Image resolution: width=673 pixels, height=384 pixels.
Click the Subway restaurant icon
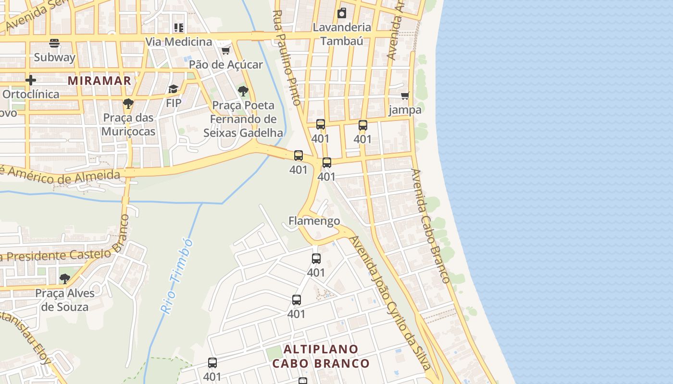54,43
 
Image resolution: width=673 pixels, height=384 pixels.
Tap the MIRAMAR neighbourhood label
100,81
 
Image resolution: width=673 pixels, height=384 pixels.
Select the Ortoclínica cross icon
31,80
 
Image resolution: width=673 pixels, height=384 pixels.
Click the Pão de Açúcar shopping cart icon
225,50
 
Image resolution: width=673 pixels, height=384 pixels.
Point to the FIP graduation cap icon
173,89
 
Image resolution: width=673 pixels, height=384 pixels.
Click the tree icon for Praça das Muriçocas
128,103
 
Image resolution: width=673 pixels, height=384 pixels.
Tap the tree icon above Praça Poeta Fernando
243,91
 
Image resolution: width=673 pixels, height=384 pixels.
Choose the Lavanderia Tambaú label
342,34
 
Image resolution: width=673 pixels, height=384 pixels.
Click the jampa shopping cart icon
405,96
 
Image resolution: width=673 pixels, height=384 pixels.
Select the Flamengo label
314,221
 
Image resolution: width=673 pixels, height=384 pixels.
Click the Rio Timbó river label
176,276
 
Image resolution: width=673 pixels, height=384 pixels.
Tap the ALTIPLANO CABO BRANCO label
321,356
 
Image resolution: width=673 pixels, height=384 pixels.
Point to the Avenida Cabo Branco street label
431,226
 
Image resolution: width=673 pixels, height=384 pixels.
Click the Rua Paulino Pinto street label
287,58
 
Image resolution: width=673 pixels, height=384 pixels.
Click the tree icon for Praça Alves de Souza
64,278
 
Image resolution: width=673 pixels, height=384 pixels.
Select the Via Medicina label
178,42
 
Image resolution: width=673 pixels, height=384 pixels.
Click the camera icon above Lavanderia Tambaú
342,13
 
